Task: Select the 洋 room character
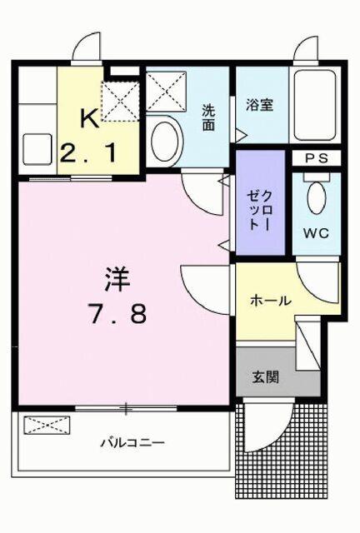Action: [x=118, y=278]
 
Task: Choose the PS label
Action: [x=315, y=158]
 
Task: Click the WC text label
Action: [x=317, y=232]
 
